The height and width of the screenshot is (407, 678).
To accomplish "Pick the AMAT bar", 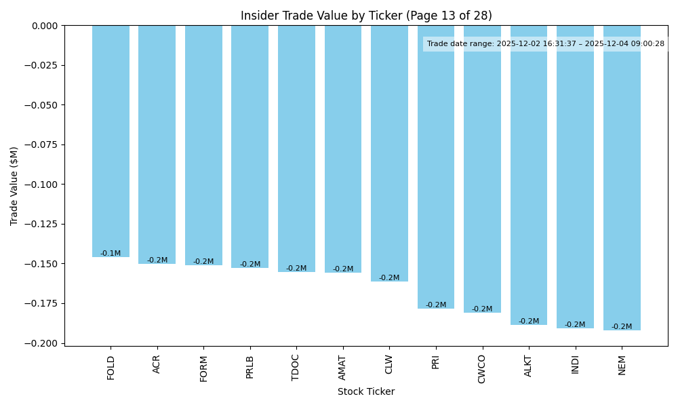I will [x=343, y=149].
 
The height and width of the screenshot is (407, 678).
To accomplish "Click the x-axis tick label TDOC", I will [x=296, y=367].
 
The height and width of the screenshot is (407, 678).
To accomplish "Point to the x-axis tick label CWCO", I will [x=482, y=368].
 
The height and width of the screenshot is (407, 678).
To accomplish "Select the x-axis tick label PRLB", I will [x=250, y=367].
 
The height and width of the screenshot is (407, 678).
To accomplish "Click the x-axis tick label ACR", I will [x=157, y=364].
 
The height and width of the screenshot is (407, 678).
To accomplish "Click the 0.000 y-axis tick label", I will [x=43, y=26].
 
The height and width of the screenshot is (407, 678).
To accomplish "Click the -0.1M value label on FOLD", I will [x=111, y=254].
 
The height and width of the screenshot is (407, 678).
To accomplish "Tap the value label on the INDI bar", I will [x=575, y=325].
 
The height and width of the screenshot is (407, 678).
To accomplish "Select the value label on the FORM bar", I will [x=203, y=262].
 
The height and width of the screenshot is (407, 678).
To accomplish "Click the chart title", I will [x=366, y=16].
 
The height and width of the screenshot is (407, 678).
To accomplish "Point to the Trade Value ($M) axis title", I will [x=14, y=186].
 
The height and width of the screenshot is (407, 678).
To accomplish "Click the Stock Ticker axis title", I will [x=366, y=391].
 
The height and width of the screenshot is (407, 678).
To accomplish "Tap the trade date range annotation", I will [x=546, y=44].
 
